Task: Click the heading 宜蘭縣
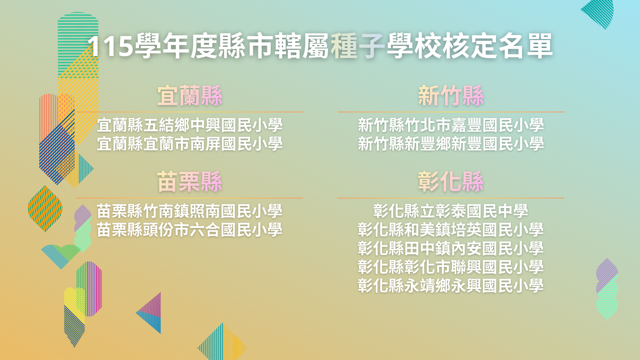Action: click(x=190, y=96)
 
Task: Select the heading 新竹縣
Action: click(x=451, y=96)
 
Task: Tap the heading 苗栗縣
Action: click(x=190, y=182)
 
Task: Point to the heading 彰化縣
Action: click(x=451, y=182)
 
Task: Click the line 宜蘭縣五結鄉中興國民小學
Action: click(x=190, y=125)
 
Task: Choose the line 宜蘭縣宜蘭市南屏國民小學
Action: click(x=190, y=144)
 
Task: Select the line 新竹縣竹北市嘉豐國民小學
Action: click(x=451, y=125)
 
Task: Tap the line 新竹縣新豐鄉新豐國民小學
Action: click(x=451, y=144)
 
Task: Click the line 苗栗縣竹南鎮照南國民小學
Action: click(x=190, y=211)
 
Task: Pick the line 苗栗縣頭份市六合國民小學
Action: click(x=190, y=230)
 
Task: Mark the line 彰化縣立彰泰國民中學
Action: click(x=451, y=211)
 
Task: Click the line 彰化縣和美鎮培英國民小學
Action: click(x=451, y=230)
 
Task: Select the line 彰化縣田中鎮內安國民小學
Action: click(x=451, y=248)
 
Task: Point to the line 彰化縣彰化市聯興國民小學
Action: click(x=451, y=267)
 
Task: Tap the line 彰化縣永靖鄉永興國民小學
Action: click(x=451, y=286)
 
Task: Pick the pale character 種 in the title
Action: click(x=344, y=46)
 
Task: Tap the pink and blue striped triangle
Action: click(x=151, y=313)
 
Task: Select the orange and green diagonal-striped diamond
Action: click(x=45, y=209)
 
